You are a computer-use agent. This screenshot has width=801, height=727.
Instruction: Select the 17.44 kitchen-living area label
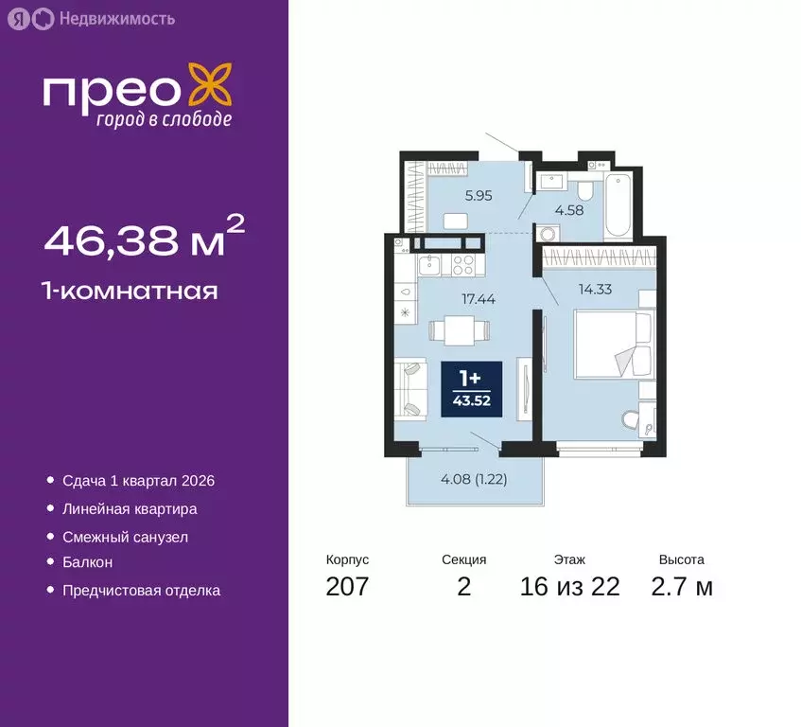[x=479, y=298]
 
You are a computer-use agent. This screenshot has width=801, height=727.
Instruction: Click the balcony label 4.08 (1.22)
[x=474, y=479]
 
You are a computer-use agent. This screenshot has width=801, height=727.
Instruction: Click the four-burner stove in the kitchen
[x=463, y=264]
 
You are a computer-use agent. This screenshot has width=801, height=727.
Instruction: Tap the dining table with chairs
[x=460, y=330]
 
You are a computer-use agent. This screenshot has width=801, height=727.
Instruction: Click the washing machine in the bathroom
[x=547, y=236]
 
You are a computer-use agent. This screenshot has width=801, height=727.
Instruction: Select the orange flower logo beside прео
[x=209, y=85]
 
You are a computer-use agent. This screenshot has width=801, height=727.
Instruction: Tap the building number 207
[x=347, y=587]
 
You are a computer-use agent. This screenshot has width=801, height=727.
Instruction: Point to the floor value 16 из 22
[x=569, y=587]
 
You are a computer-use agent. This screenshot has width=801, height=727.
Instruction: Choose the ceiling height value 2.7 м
[x=682, y=587]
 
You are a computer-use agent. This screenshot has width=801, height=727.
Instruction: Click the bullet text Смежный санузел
[x=125, y=537]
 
